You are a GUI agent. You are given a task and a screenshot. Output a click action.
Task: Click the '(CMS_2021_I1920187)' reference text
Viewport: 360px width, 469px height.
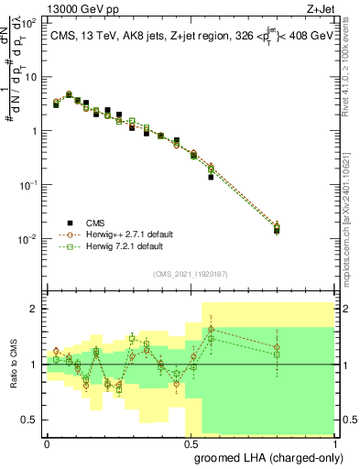(190, 273)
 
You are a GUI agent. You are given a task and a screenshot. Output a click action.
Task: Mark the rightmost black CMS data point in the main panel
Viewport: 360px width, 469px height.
(278, 231)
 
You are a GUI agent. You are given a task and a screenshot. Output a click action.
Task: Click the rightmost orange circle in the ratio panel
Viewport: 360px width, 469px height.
(278, 346)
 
